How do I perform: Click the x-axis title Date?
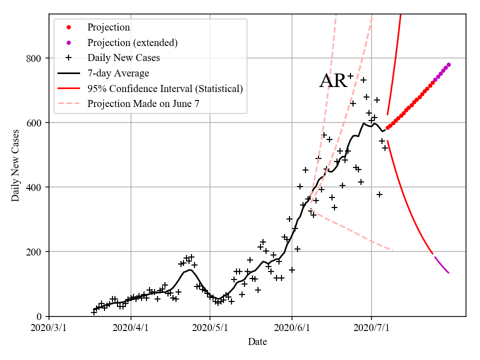(257, 342)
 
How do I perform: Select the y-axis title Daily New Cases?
(15, 165)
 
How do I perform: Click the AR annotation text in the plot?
(333, 81)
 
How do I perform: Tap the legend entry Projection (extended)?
(132, 42)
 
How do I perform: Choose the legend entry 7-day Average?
(118, 73)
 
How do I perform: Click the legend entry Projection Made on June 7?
(146, 104)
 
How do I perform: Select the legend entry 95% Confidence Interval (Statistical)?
(165, 88)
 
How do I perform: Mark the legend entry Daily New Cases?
(123, 58)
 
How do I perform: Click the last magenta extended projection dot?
(448, 64)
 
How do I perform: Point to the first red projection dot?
(387, 128)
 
